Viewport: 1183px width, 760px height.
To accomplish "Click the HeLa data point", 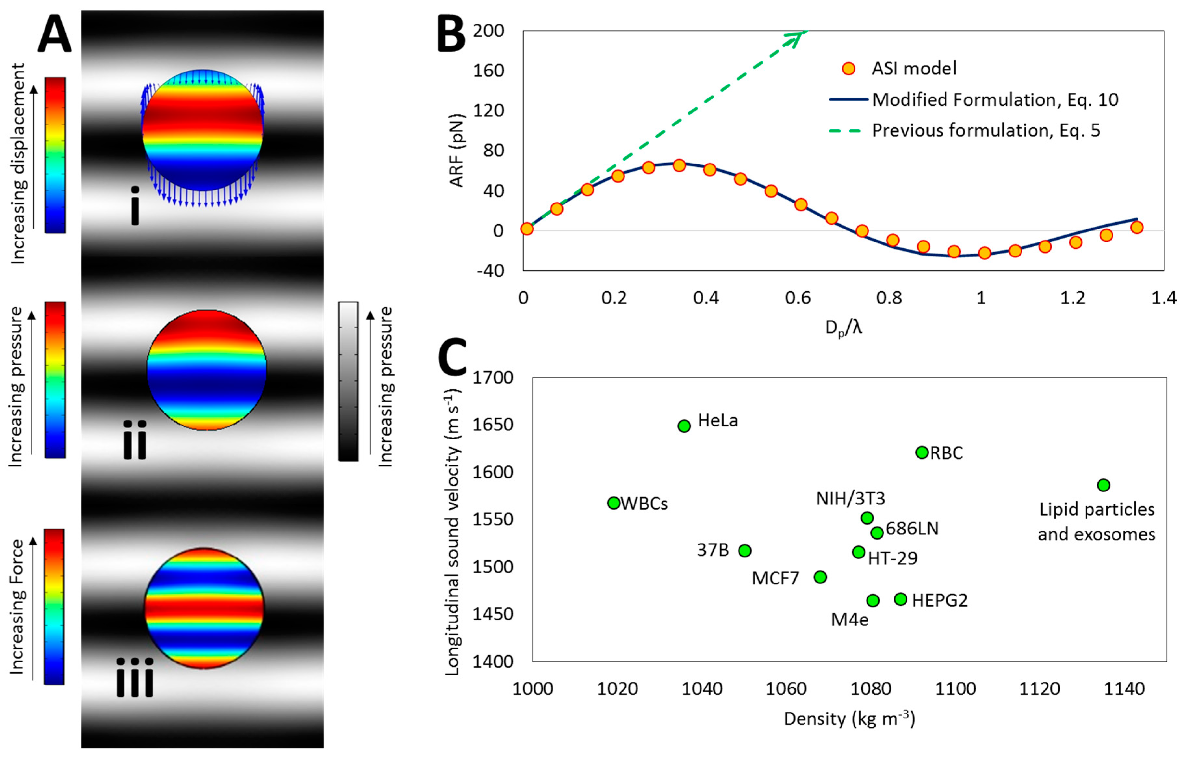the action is (x=684, y=426).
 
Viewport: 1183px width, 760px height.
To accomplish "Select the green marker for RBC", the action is (x=922, y=452).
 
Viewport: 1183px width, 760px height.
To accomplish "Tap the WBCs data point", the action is (x=613, y=503).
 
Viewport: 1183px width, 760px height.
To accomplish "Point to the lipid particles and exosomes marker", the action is (x=1103, y=485).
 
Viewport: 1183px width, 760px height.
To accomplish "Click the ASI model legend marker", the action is (x=848, y=69).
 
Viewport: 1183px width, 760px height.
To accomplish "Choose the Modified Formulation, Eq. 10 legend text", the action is (x=995, y=100).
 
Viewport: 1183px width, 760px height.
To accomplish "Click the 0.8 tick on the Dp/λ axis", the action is (x=889, y=297).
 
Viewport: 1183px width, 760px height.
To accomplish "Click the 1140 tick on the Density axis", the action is (x=1124, y=688).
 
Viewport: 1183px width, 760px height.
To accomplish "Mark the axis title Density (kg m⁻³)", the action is (x=849, y=718).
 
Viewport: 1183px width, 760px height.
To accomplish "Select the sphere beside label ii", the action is (x=207, y=370).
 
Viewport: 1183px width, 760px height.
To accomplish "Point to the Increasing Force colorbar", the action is (x=54, y=607).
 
